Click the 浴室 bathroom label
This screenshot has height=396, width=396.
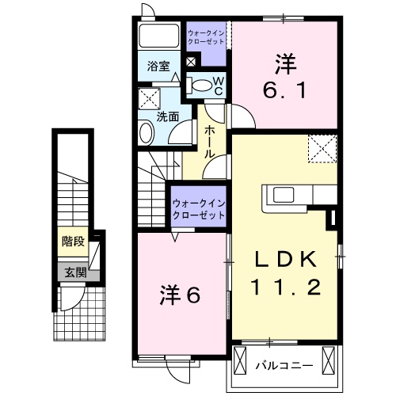click(158, 67)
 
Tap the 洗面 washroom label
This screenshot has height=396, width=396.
click(166, 116)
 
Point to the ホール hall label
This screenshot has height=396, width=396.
click(211, 142)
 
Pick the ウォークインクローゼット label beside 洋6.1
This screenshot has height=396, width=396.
click(205, 36)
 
